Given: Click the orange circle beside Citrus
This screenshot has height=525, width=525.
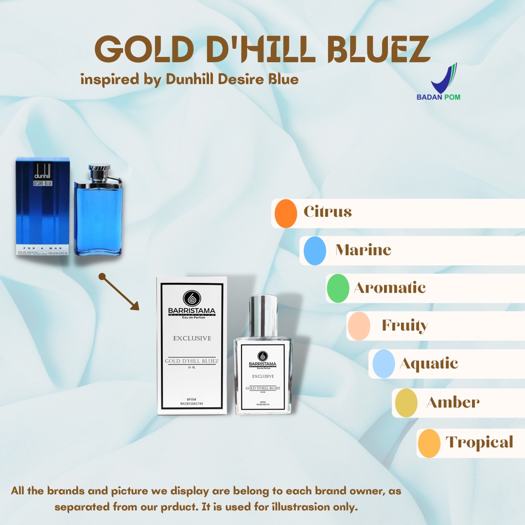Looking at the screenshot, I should coord(286,213).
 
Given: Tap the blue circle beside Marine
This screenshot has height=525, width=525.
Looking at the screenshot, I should coord(315,251).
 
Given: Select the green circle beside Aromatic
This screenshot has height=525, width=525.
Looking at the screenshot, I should coord(338,288).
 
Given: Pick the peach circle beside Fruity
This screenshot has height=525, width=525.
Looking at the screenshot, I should coord(358,326).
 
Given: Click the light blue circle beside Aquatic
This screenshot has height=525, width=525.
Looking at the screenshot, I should coord(383,364).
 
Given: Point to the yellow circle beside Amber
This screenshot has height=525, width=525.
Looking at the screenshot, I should coord(406,403).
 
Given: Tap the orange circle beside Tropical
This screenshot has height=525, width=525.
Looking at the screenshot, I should coord(429,443).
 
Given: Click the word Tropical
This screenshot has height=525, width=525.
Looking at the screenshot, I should coord(479,442).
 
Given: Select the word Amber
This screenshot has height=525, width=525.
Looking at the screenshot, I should coord(453,402).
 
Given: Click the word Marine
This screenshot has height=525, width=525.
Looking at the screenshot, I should coord(363,250).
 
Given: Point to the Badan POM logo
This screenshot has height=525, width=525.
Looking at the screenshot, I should coord(445,82).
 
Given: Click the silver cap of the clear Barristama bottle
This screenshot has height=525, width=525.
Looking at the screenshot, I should coord(263,315).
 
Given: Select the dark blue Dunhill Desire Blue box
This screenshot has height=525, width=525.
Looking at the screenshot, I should coord(43,207).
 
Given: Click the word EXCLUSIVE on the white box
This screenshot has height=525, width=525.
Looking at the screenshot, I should coord(192,338).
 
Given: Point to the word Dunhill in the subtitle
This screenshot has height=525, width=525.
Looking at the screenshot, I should coord(192,79).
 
